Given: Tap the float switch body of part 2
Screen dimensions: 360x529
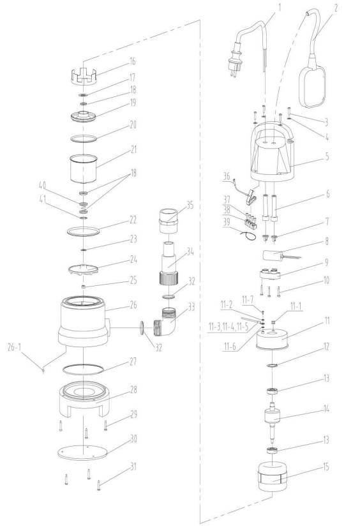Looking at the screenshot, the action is coord(313,86).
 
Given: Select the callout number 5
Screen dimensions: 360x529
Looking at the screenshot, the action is coord(327,156).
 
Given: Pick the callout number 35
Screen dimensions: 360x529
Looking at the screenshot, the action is coord(190,205).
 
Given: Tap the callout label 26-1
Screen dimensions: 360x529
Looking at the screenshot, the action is coord(15,348).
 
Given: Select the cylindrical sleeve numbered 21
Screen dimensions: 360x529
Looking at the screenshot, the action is coord(83,169).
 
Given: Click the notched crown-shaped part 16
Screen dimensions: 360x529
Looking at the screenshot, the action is coord(84,76).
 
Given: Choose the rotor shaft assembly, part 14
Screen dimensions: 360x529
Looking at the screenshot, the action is coord(273,420).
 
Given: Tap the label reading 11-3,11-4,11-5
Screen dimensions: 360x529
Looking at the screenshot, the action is coord(228,327).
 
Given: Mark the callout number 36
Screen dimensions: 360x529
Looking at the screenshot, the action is coord(227,176).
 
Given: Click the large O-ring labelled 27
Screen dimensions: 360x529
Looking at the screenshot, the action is coord(83,369).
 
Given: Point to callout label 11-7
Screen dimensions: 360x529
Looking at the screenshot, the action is coord(247,299).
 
